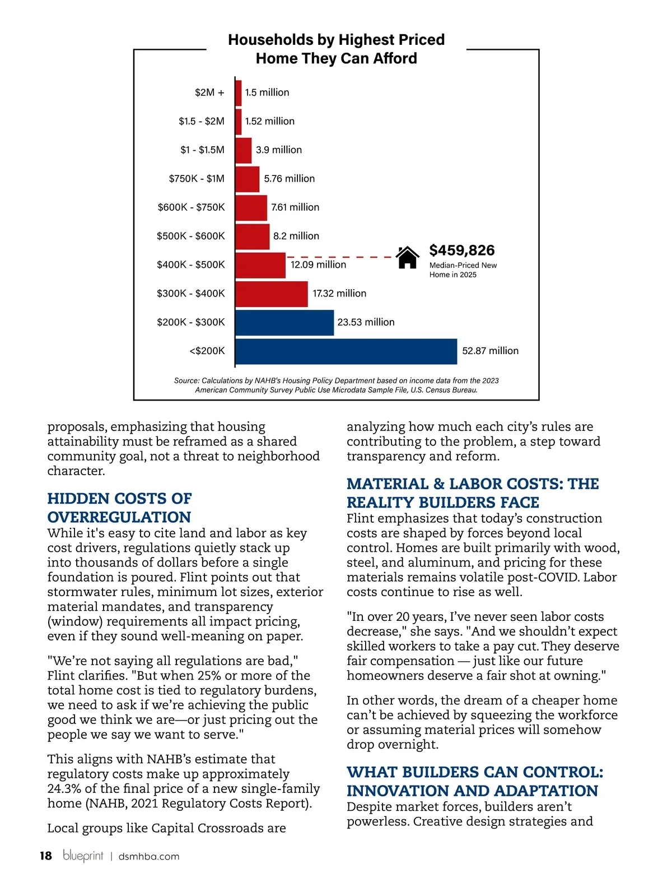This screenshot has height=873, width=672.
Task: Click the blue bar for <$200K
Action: (346, 351)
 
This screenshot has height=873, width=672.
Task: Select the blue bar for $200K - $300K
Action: (284, 323)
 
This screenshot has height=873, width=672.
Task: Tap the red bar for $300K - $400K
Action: (272, 294)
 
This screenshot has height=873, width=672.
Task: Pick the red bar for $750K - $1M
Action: (248, 179)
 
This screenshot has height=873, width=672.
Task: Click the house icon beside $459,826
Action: (407, 257)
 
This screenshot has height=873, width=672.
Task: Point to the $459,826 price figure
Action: (462, 250)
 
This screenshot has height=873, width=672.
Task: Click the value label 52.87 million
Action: (490, 351)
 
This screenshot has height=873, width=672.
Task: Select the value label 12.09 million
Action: (318, 265)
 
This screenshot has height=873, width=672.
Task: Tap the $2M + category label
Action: (209, 92)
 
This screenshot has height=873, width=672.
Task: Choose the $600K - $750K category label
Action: (191, 207)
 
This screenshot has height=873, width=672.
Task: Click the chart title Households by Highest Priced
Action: (336, 40)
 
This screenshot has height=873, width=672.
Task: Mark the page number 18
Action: (45, 856)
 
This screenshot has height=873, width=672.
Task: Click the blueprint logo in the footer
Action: (83, 855)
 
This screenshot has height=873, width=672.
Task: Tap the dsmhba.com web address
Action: (149, 856)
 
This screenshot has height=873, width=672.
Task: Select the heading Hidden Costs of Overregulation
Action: (119, 508)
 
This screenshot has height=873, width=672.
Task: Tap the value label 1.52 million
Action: (269, 122)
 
